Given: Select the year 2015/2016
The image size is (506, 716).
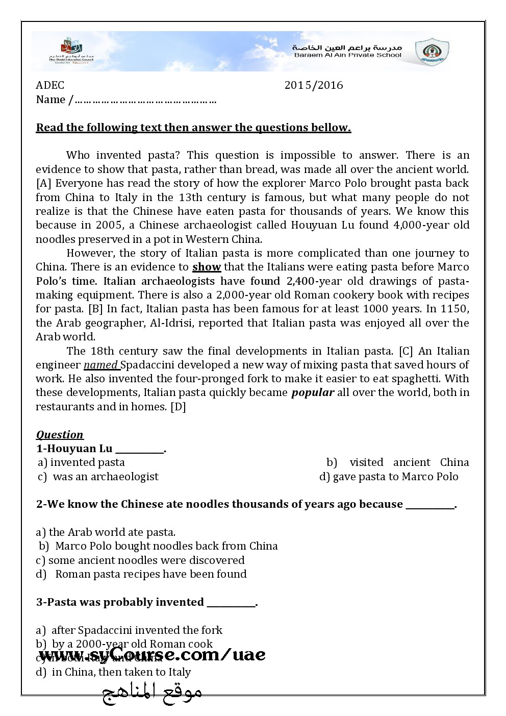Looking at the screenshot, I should (x=314, y=85).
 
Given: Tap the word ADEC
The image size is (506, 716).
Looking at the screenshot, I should (x=50, y=85).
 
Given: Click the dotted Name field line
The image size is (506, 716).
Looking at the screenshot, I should (x=145, y=100).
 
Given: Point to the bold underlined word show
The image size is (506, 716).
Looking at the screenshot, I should (x=207, y=267).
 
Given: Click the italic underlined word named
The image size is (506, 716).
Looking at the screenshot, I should (x=101, y=365).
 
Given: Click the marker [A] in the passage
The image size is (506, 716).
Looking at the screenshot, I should (x=44, y=183).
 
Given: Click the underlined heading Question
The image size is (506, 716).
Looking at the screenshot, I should (x=60, y=435).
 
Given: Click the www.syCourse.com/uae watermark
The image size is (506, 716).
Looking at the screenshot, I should (x=152, y=655).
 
